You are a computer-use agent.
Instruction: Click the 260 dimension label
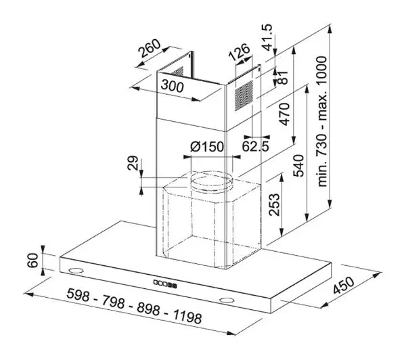(x=150, y=49)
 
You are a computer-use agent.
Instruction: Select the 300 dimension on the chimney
(x=172, y=86)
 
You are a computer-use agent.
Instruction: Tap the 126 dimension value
(x=240, y=52)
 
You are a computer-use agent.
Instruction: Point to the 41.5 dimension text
(x=267, y=37)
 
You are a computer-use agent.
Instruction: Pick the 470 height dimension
(x=284, y=114)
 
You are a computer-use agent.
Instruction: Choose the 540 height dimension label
(x=298, y=166)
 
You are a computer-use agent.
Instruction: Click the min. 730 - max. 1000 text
(x=322, y=121)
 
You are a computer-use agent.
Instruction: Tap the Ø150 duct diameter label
(x=206, y=147)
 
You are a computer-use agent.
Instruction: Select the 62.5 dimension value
(x=256, y=146)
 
